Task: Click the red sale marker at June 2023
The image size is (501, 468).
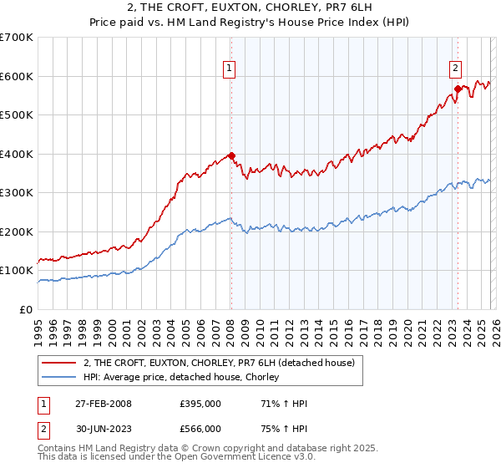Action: tap(458, 89)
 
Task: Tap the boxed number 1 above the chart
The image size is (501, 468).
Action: tap(229, 69)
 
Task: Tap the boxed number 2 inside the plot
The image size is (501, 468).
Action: tap(455, 69)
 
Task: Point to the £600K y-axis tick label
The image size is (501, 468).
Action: tap(17, 76)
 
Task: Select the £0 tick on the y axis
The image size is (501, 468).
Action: tap(27, 309)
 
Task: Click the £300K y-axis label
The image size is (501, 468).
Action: tap(17, 192)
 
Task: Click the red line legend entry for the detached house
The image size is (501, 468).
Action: tap(220, 363)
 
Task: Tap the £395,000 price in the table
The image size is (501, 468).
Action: tap(200, 404)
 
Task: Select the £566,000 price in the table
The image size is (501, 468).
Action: tap(200, 429)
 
